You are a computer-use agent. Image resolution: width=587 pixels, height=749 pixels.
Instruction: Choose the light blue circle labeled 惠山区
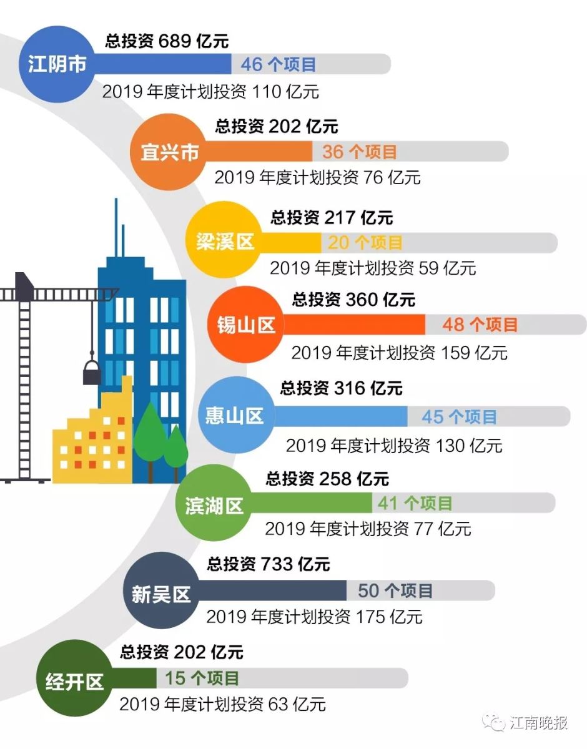click(235, 416)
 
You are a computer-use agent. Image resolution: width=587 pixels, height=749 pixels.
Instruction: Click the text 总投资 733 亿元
click(269, 564)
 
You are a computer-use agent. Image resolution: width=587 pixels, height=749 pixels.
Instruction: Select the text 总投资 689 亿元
click(167, 42)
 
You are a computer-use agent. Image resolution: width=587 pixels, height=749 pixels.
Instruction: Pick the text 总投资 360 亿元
click(353, 300)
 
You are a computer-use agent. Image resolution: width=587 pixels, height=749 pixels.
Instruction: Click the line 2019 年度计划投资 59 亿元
click(373, 268)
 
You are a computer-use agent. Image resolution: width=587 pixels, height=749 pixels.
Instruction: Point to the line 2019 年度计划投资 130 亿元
click(394, 446)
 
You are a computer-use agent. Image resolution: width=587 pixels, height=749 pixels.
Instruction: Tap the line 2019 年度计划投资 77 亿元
click(368, 529)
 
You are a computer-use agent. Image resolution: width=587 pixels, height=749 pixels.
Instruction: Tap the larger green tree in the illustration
click(150, 431)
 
